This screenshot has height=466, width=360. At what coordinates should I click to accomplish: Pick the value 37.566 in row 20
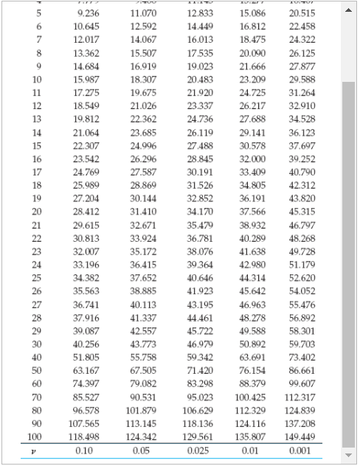[x=252, y=274]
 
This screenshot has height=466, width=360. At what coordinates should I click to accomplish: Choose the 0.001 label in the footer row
[x=301, y=450]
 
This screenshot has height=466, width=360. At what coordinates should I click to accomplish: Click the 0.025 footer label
[x=197, y=450]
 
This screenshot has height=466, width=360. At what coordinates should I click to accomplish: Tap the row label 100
[x=37, y=437]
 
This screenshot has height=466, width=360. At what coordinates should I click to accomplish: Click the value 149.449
[x=300, y=437]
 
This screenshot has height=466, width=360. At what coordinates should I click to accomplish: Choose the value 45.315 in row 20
[x=301, y=274]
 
